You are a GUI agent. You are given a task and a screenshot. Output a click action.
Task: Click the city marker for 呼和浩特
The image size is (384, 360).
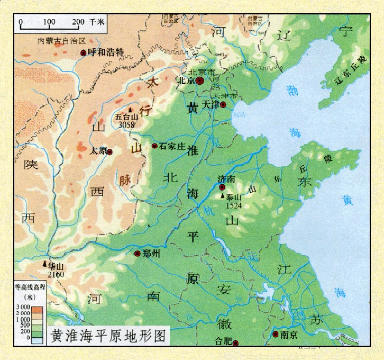(x=83, y=52)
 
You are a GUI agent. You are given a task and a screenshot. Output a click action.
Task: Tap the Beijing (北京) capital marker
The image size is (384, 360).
(x=199, y=81)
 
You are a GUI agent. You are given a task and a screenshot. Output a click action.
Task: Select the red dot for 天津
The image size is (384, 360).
(x=223, y=105)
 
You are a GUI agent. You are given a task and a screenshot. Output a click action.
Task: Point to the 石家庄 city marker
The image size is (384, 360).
(x=154, y=146)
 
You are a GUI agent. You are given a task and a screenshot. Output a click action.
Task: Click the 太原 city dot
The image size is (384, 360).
(x=110, y=152)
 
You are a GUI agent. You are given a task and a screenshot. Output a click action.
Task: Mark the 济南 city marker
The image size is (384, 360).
(x=222, y=187)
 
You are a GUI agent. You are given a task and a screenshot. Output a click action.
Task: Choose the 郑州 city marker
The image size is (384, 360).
(x=138, y=254)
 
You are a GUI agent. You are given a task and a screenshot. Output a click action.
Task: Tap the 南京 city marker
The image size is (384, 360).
(x=276, y=334)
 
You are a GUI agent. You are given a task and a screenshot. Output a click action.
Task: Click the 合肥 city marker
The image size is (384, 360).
(x=236, y=343)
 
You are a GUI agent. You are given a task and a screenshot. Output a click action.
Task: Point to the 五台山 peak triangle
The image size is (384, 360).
(x=130, y=110)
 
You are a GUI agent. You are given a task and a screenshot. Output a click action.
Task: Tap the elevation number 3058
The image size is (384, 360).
(x=127, y=125)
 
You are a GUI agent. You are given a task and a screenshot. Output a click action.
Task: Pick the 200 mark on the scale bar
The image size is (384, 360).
(x=78, y=22)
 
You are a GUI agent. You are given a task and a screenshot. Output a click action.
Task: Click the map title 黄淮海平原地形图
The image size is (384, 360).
(x=108, y=336)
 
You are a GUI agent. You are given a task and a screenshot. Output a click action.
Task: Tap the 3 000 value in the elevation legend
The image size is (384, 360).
(x=23, y=308)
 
